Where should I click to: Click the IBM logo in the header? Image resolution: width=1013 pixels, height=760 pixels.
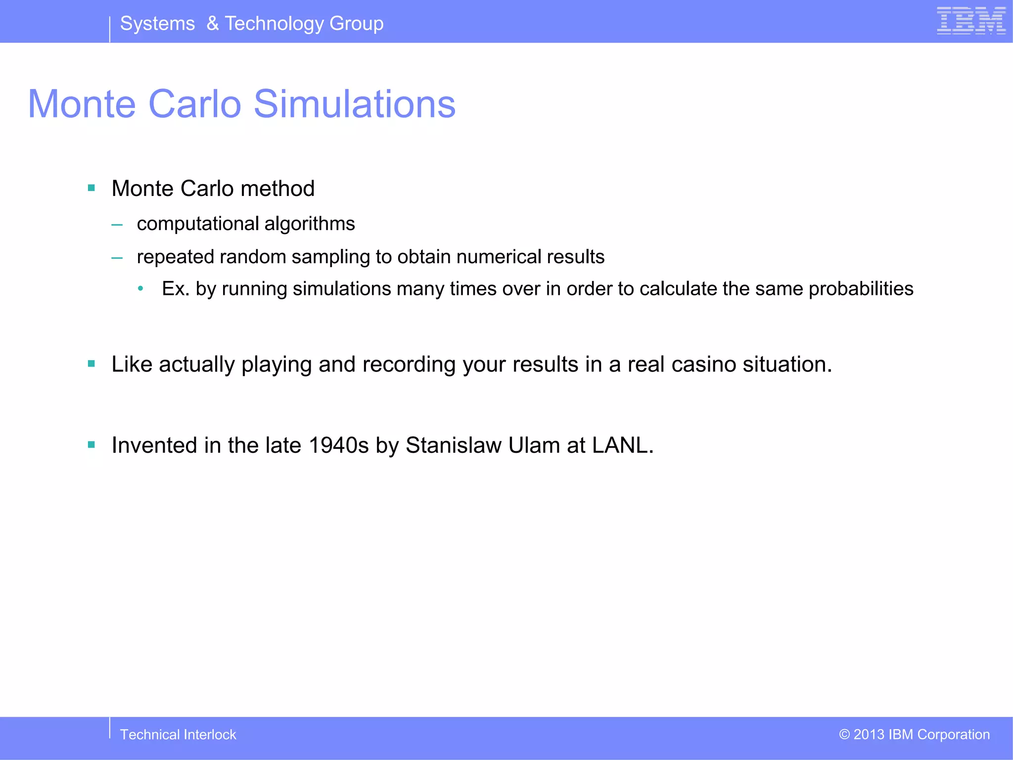point(971,21)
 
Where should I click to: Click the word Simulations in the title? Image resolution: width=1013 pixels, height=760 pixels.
point(355,104)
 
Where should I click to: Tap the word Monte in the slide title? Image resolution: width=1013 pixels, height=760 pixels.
point(82,104)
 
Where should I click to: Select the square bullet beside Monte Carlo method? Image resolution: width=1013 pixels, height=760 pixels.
point(92,188)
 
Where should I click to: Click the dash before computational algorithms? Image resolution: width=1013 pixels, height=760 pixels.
point(117,225)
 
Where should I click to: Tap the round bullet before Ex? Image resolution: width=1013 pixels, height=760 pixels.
point(141,288)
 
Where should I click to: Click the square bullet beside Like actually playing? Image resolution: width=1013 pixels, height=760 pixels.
point(92,364)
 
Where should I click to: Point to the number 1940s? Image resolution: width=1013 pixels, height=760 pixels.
point(339,445)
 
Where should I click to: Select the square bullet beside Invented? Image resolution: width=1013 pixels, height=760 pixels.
point(92,445)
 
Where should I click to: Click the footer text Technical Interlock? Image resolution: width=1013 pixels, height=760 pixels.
point(178,735)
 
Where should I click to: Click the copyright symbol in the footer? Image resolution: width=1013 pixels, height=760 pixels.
point(844,734)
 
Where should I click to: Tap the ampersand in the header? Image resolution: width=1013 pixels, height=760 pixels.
point(213,23)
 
